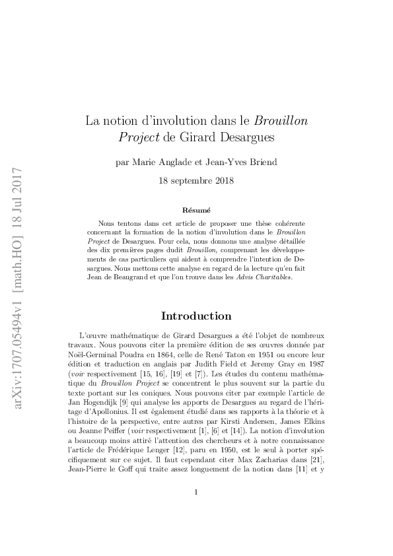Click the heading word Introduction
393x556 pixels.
(196, 316)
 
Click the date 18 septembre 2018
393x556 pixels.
(196, 180)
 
